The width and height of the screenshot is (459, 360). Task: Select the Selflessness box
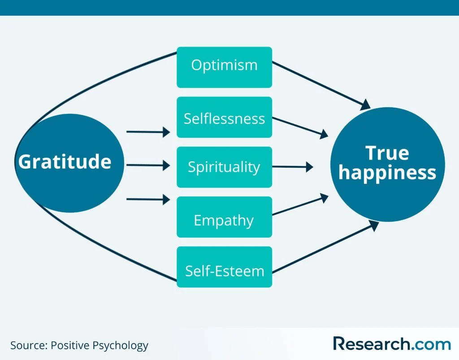point(224,117)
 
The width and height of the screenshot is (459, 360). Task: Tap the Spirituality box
point(224,167)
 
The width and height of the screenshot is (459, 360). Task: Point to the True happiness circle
point(387,164)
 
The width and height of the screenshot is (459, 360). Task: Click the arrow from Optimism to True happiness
point(320,85)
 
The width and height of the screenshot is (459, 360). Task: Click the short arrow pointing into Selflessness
point(148,132)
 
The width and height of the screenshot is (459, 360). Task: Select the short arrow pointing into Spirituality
point(148,165)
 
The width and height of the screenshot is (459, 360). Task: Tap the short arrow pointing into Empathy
point(148,199)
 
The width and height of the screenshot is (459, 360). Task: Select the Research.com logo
point(392,344)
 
